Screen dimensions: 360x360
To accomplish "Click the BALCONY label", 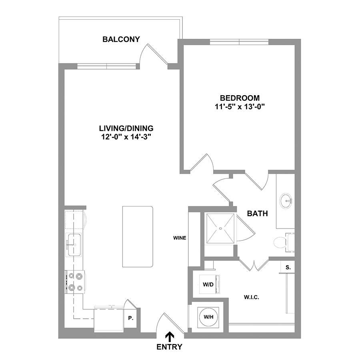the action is [x=121, y=39].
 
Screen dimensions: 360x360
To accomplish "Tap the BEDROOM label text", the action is [x=240, y=98].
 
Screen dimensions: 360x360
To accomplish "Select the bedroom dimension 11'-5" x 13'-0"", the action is [x=240, y=107].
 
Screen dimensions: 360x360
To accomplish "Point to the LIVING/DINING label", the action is [x=126, y=128].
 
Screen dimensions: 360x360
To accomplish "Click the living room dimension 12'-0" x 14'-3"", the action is [x=126, y=137].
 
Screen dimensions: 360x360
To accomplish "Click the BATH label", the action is [x=257, y=214].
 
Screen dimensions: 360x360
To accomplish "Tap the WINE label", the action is [x=180, y=238].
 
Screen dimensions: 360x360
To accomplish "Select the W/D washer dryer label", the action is [x=208, y=285].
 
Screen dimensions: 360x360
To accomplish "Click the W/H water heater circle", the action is [x=208, y=317].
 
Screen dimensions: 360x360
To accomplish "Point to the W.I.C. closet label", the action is [x=252, y=298].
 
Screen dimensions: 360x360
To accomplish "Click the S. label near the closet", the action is [x=288, y=268].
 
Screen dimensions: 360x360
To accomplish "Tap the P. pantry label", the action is [x=131, y=318].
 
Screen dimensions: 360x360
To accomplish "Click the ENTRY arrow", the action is [x=170, y=337].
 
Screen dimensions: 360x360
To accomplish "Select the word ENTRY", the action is [x=170, y=347].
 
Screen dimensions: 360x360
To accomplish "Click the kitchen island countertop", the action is [x=138, y=236].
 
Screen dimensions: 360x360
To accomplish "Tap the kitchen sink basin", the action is [x=74, y=245].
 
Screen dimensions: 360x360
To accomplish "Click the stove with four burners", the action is [x=75, y=282].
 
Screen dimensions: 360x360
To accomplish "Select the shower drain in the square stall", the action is [x=220, y=228].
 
